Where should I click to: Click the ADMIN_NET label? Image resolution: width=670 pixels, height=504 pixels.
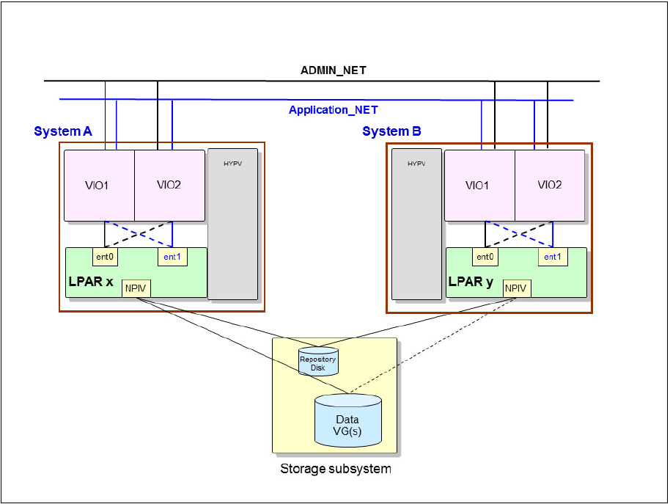tap(334, 70)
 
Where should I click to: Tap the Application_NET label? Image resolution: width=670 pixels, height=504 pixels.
tap(333, 110)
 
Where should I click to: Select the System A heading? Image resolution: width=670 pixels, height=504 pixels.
tap(63, 131)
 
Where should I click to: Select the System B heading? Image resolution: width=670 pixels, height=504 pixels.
tap(391, 131)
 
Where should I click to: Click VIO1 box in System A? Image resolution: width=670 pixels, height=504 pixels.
tap(99, 186)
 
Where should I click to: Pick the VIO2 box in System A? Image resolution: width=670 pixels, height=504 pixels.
tap(169, 186)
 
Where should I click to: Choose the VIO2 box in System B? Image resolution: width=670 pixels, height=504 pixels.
tap(550, 186)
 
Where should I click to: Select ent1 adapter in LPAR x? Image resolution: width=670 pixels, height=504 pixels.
tap(172, 257)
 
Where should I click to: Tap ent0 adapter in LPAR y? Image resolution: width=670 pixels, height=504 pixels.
tap(486, 257)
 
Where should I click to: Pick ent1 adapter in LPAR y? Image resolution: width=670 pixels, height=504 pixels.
tap(553, 257)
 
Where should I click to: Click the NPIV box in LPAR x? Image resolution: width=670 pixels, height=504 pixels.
tap(136, 288)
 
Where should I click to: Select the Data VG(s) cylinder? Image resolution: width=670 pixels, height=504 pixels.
tap(348, 420)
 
